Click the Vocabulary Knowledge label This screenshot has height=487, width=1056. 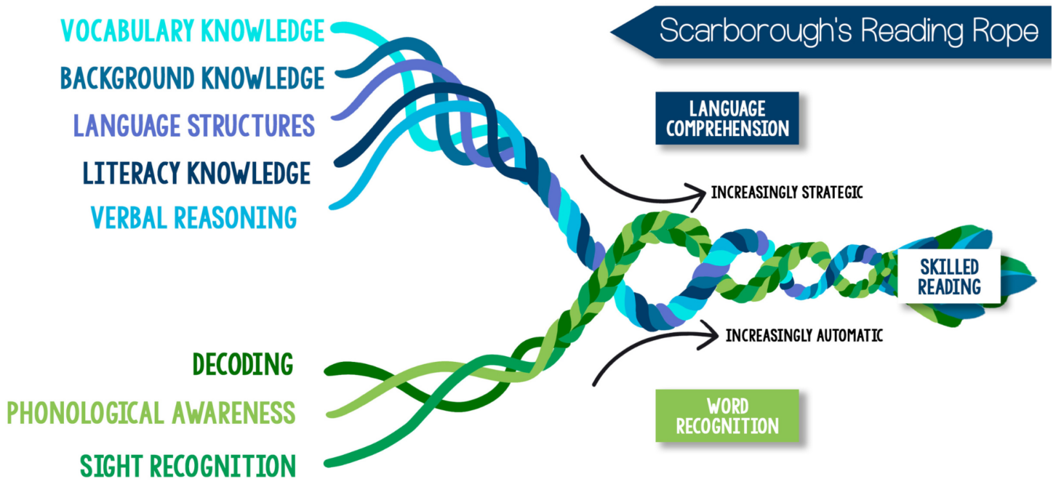pos(192,31)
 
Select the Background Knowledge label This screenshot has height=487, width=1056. pos(192,77)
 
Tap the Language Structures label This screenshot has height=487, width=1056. pos(193,125)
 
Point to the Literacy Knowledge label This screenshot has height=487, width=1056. pos(196,173)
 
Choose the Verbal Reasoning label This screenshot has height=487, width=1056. pos(193,217)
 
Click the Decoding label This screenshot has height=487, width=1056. pos(243,363)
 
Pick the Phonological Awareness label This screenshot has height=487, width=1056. pos(151,413)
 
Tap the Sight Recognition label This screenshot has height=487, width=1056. pos(188,465)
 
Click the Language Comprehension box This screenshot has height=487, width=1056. pos(727,118)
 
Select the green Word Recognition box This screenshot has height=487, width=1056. pos(727,416)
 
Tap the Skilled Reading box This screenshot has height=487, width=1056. pos(948,276)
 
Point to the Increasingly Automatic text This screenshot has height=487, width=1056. pos(804,336)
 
